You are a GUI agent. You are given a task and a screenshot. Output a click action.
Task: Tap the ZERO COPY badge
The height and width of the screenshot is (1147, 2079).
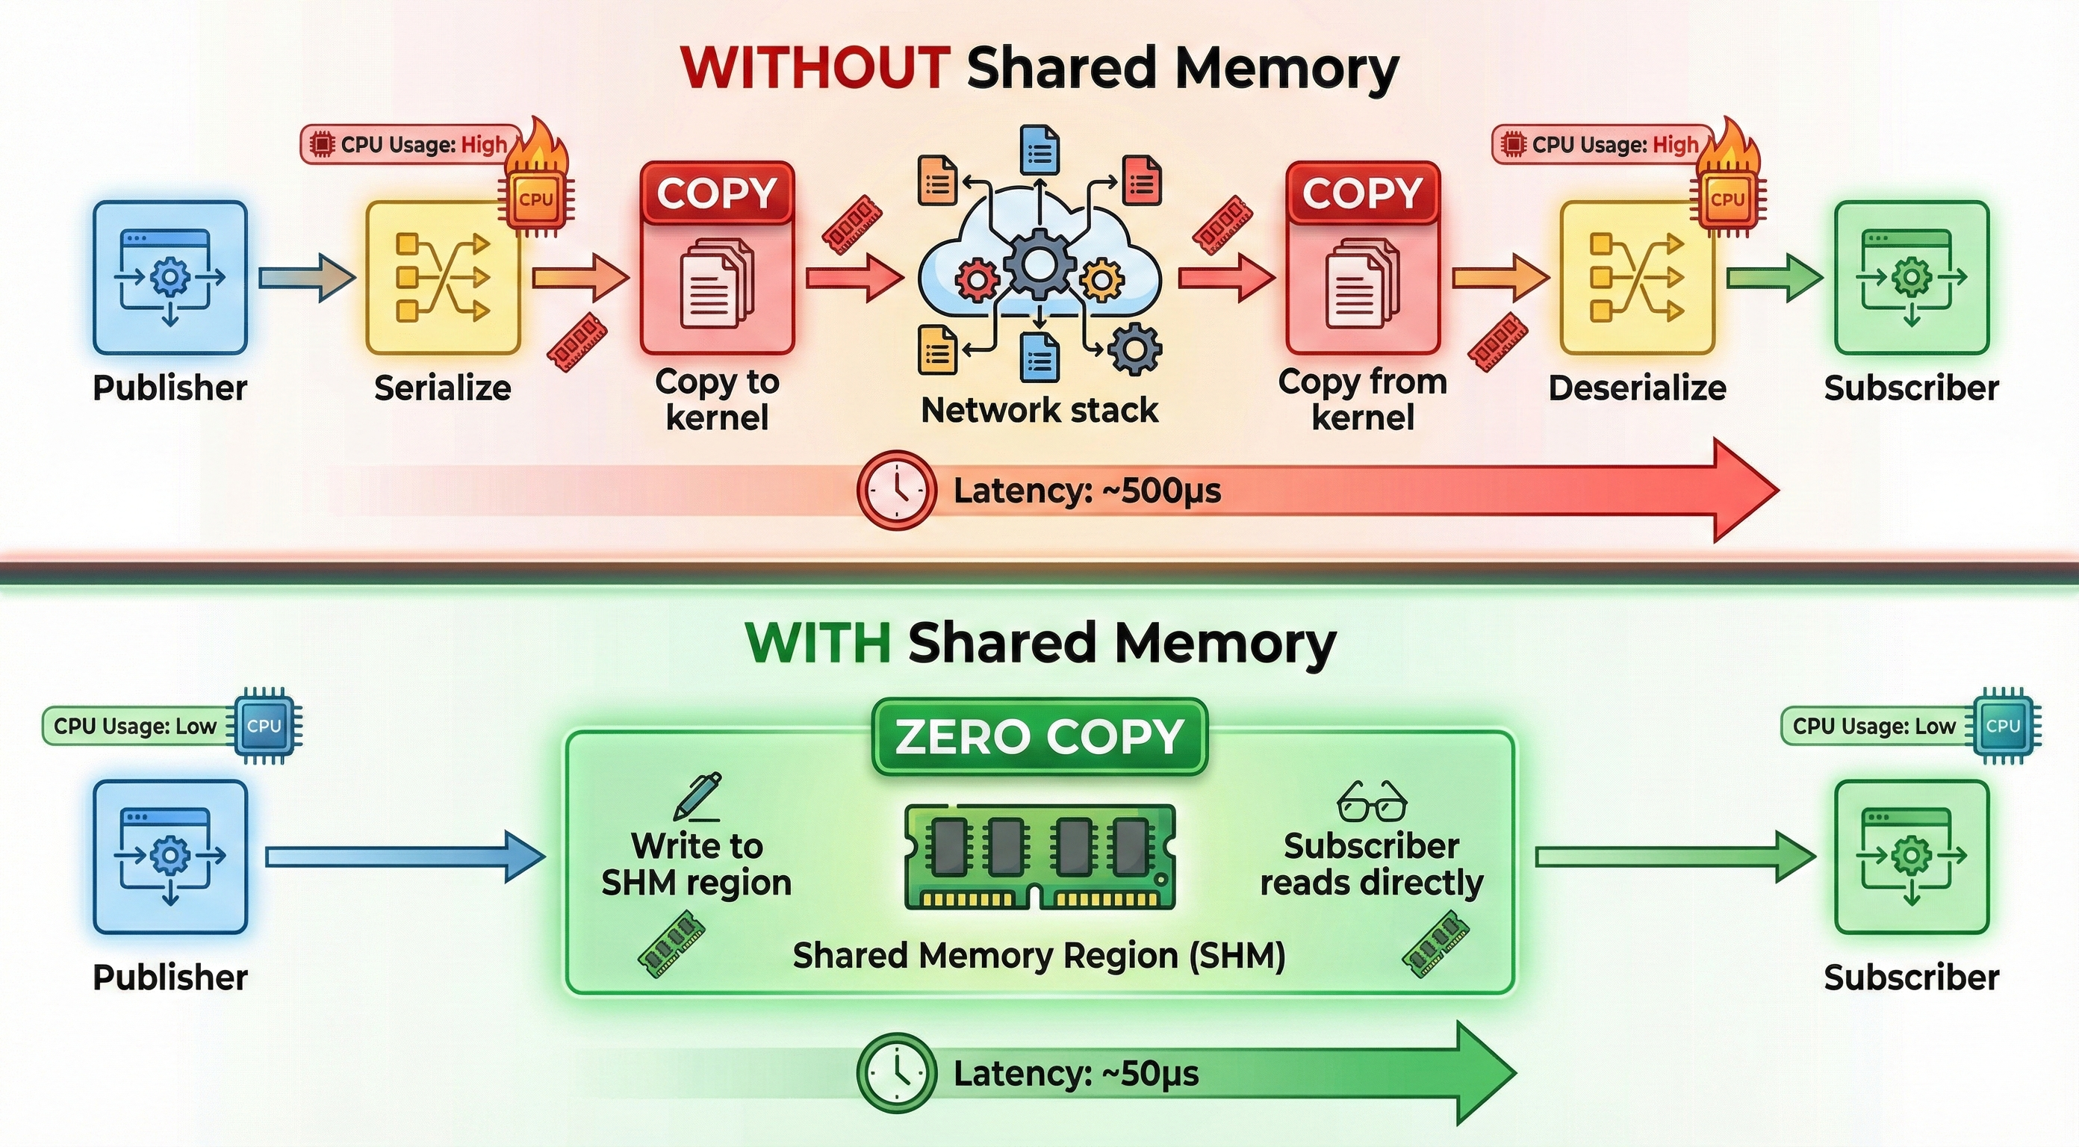point(1039,736)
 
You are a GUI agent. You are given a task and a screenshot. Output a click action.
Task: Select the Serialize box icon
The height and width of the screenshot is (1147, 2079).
point(443,278)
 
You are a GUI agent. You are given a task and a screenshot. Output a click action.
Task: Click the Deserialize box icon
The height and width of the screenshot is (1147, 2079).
point(1637,278)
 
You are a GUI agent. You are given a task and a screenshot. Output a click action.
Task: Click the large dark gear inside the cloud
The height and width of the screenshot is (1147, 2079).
point(1039,263)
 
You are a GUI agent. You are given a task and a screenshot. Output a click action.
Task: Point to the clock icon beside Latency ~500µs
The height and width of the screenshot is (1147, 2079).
point(897,490)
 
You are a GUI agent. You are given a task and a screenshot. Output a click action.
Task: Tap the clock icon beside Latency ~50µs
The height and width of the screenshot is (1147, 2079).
point(897,1073)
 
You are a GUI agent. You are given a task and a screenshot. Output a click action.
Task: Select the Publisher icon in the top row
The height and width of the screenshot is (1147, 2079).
point(170,278)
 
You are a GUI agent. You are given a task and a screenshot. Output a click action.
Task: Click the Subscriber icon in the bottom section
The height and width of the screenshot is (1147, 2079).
point(1911,857)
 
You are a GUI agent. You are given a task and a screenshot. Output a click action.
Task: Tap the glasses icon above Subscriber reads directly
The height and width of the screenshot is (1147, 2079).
point(1371,801)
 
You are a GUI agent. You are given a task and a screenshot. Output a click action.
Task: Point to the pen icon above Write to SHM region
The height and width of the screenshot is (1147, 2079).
point(697,796)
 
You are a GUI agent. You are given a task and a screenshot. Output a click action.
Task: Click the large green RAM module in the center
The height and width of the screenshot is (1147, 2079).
point(1039,857)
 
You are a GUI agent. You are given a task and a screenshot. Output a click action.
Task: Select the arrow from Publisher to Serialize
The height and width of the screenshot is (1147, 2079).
point(307,278)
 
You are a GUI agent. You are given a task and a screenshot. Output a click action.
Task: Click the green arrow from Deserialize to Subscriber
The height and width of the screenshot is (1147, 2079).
point(1774,278)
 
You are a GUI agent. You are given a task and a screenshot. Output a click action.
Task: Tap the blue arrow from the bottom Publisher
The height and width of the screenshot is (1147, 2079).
point(403,857)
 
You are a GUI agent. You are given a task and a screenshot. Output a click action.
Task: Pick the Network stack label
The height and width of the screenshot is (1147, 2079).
point(1039,410)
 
